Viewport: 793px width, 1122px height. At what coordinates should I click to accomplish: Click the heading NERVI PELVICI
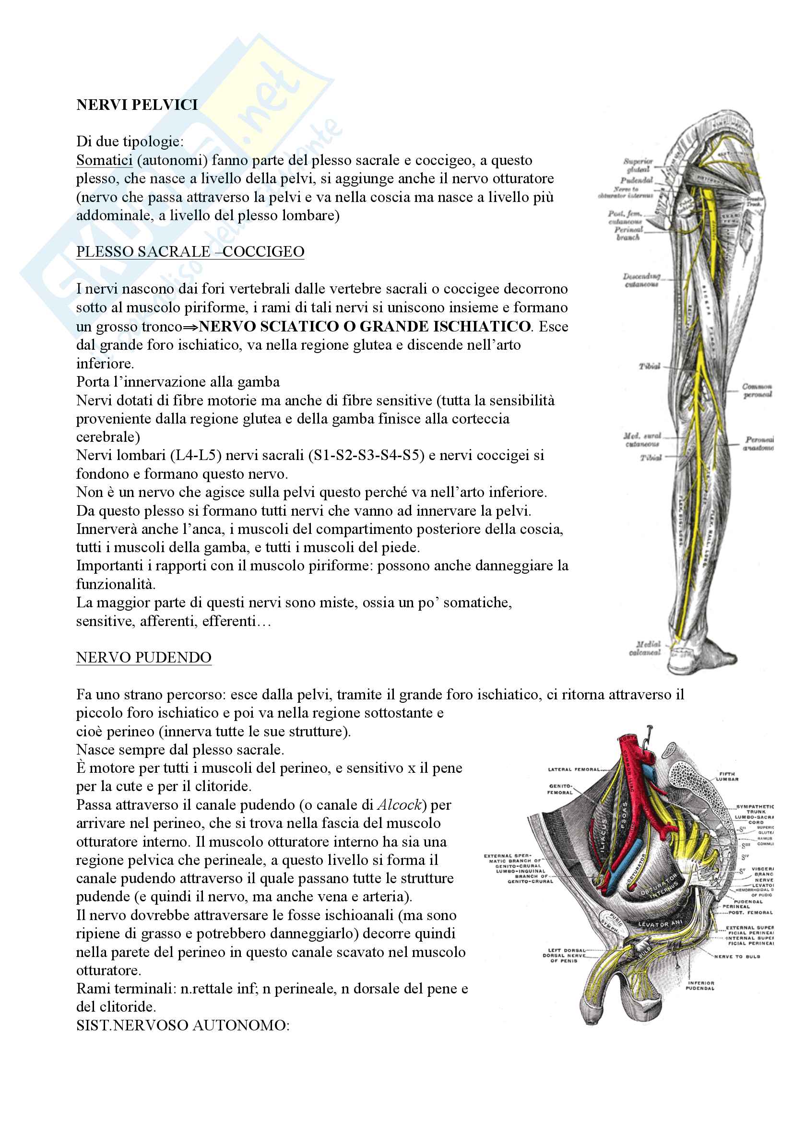tap(137, 105)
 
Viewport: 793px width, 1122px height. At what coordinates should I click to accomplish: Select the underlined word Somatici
tap(104, 160)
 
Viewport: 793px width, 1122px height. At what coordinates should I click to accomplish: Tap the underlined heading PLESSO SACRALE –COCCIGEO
tap(190, 252)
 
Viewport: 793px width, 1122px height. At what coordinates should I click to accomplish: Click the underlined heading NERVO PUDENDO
tap(143, 657)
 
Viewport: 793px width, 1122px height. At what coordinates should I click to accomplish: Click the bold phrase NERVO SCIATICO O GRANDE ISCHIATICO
tap(365, 326)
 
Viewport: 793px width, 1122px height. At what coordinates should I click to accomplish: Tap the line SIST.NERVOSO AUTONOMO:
tap(183, 1025)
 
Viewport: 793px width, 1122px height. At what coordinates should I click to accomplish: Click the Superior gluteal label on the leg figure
tap(638, 165)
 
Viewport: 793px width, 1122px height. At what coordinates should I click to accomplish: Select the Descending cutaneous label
tap(641, 280)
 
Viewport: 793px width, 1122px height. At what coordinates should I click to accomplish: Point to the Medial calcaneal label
tap(645, 648)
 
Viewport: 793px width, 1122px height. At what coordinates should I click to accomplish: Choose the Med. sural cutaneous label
tap(642, 439)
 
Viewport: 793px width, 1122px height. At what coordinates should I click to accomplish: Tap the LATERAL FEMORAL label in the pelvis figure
tap(574, 769)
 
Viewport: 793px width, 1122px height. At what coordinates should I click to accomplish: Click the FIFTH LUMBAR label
tap(727, 776)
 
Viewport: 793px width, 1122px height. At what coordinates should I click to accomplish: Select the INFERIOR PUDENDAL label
tap(699, 985)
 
